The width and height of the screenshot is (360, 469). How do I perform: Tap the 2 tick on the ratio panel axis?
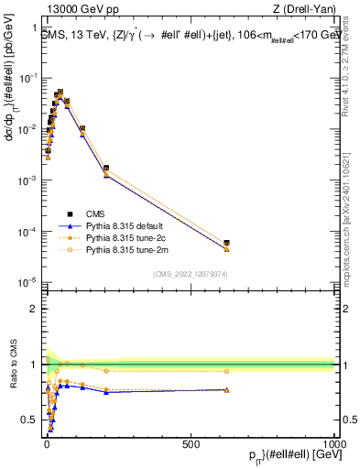(x=31, y=309)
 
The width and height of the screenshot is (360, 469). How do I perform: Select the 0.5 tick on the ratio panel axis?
(x=27, y=420)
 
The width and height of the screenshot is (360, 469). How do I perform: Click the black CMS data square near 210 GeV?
(x=106, y=169)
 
